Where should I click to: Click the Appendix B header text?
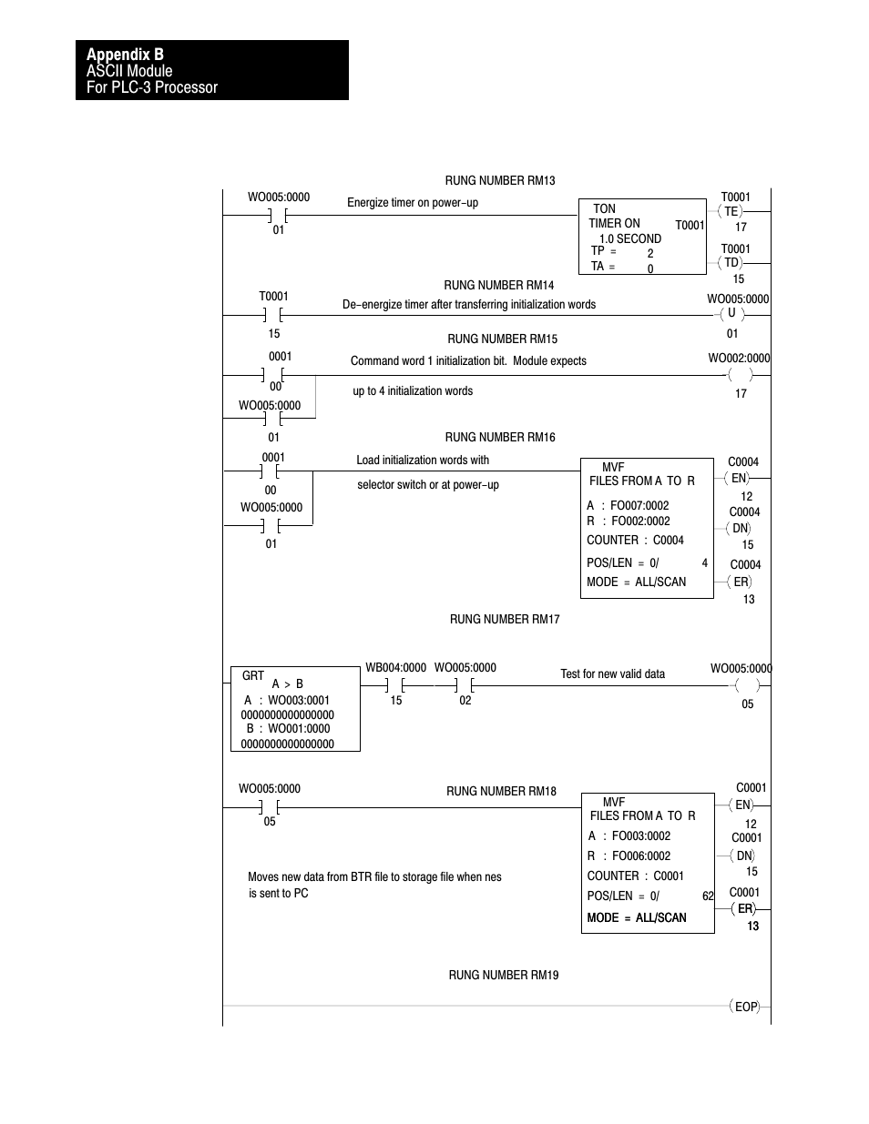coord(126,55)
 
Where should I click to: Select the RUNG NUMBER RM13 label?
coord(499,181)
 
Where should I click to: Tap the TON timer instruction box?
coord(642,237)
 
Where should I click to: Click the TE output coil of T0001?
coord(731,211)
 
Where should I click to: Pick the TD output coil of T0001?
coord(731,263)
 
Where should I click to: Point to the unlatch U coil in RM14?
coord(731,314)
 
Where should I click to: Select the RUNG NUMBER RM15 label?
coord(502,339)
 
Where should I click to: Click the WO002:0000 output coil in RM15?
coord(741,375)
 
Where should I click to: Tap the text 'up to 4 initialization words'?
coord(413,391)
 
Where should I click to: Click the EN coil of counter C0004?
coord(739,478)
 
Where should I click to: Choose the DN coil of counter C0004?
coord(741,528)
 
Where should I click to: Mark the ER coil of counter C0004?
coord(741,582)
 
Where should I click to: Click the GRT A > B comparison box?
coord(295,709)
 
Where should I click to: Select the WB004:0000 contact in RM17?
coord(395,684)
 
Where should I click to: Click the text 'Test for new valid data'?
coord(612,674)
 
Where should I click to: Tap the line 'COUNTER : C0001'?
coord(635,876)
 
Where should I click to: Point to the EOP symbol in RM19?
coord(745,1007)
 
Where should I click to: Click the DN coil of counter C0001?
coord(744,856)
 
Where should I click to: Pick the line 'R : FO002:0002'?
coord(629,521)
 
